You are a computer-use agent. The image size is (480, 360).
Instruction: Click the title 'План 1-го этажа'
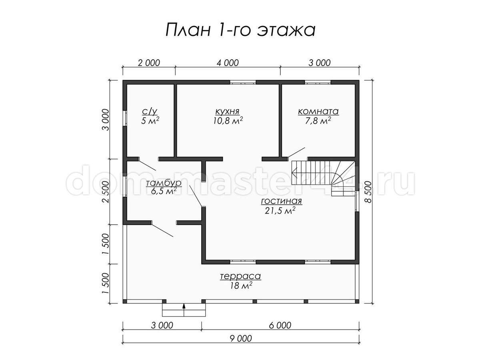tap(240, 30)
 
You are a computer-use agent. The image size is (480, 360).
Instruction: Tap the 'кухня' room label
tap(228, 112)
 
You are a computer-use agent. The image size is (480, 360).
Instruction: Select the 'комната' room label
tap(318, 112)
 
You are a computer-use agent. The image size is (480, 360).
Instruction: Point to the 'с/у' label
tap(150, 112)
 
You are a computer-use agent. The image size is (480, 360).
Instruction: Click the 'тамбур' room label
tap(164, 183)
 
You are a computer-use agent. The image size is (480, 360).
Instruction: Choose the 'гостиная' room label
tap(282, 201)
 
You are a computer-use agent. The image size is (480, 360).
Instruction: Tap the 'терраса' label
tap(240, 276)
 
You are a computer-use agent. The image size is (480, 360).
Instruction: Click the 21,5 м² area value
tap(280, 210)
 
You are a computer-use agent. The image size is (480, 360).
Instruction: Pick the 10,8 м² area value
tap(228, 120)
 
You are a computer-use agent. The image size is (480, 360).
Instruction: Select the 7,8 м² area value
tap(318, 120)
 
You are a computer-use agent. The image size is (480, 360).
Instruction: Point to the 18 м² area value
tap(241, 286)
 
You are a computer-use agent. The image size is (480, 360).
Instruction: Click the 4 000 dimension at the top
tap(228, 63)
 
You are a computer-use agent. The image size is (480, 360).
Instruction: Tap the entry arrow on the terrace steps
tap(184, 310)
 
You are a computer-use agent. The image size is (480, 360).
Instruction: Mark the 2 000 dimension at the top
tap(149, 63)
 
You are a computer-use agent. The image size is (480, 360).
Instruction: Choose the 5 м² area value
tap(150, 120)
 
